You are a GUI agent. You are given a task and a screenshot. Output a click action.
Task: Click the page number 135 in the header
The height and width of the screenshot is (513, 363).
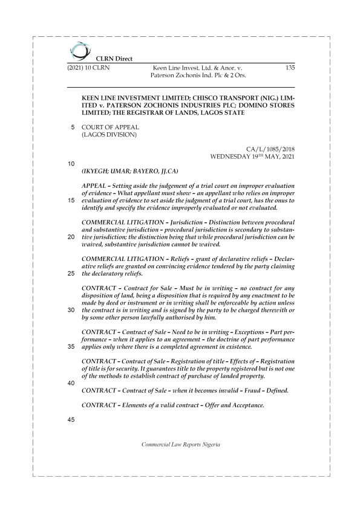[289, 68]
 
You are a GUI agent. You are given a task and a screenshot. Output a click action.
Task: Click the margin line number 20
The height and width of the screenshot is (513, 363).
[71, 237]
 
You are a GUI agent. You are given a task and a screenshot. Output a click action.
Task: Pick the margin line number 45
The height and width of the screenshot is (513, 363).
[71, 421]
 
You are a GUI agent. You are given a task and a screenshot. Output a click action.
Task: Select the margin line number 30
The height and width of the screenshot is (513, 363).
[71, 310]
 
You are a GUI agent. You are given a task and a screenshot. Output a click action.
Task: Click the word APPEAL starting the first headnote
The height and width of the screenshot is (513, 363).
[95, 185]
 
